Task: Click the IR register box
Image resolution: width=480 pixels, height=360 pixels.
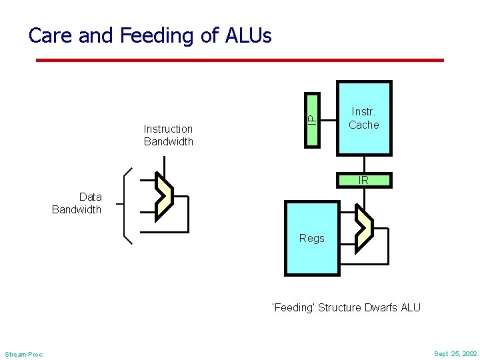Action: click(364, 180)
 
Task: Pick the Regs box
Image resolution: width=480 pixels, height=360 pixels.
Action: click(312, 238)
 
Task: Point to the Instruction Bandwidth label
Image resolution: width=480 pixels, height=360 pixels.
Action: click(168, 135)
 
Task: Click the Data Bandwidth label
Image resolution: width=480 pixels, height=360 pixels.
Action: click(77, 203)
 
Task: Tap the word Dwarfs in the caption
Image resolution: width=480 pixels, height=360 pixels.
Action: click(379, 307)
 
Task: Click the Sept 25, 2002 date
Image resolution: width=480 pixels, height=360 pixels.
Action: click(455, 353)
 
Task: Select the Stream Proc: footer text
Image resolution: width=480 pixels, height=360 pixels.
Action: click(24, 354)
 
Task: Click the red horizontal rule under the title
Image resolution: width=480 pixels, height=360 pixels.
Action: click(239, 60)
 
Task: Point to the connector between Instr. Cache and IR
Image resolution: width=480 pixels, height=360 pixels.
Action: click(364, 164)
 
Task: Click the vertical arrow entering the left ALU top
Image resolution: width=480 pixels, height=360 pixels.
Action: click(163, 165)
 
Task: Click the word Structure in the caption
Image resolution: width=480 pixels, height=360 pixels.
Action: click(340, 307)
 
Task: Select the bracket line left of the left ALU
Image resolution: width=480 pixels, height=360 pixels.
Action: click(125, 203)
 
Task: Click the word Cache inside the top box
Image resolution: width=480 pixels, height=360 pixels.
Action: click(364, 125)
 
